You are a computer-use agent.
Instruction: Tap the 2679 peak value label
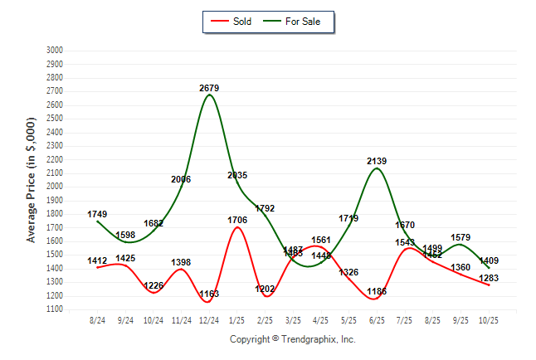click(209, 87)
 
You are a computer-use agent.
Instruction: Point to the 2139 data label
click(377, 161)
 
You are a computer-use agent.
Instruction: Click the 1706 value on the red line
click(237, 220)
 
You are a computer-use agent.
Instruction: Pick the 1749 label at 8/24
click(98, 214)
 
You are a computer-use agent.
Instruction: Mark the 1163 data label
click(209, 294)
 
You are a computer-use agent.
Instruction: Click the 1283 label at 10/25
click(489, 277)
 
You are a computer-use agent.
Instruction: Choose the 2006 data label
click(182, 178)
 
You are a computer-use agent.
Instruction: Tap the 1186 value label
click(377, 291)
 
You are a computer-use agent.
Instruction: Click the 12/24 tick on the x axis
click(209, 319)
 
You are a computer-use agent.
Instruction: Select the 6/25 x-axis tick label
click(377, 319)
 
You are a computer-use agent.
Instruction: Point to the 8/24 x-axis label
click(98, 319)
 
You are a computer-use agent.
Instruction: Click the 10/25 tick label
click(489, 319)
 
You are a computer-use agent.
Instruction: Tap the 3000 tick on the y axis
click(55, 51)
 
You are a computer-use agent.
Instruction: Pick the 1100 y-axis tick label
click(55, 309)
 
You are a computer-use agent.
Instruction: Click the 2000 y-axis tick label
click(55, 187)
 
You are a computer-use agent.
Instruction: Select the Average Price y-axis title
click(32, 179)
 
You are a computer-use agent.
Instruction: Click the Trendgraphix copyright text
click(292, 339)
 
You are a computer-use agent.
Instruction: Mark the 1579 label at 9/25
click(460, 237)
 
